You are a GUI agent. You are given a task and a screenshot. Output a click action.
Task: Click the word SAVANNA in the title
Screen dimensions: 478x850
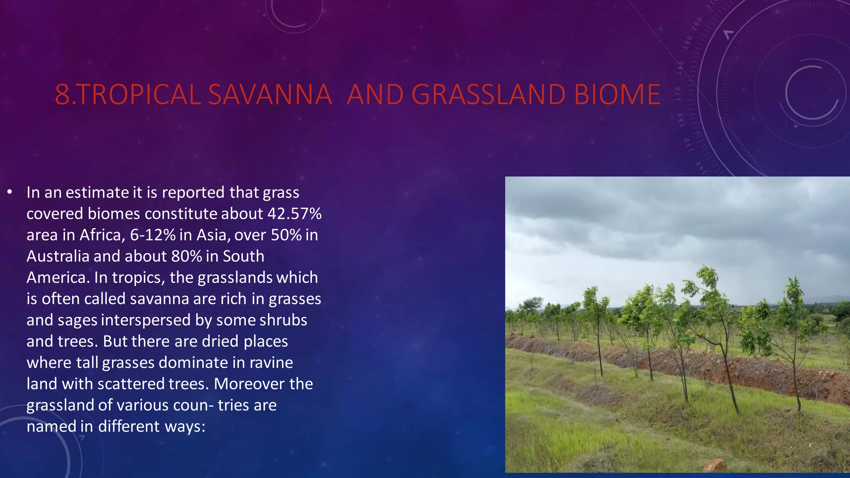click(x=270, y=95)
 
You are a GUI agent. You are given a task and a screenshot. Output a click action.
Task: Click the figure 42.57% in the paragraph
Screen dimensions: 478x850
click(x=294, y=214)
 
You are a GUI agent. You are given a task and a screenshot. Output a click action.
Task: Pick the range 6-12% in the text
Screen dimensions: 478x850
click(x=153, y=235)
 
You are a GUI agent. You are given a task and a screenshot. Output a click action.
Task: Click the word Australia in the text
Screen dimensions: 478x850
click(x=58, y=256)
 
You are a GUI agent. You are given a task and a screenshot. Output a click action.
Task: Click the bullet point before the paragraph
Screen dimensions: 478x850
click(x=10, y=192)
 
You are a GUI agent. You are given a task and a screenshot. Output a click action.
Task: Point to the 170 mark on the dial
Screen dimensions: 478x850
click(x=679, y=94)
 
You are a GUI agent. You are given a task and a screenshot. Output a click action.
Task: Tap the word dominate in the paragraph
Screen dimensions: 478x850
click(x=193, y=363)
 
